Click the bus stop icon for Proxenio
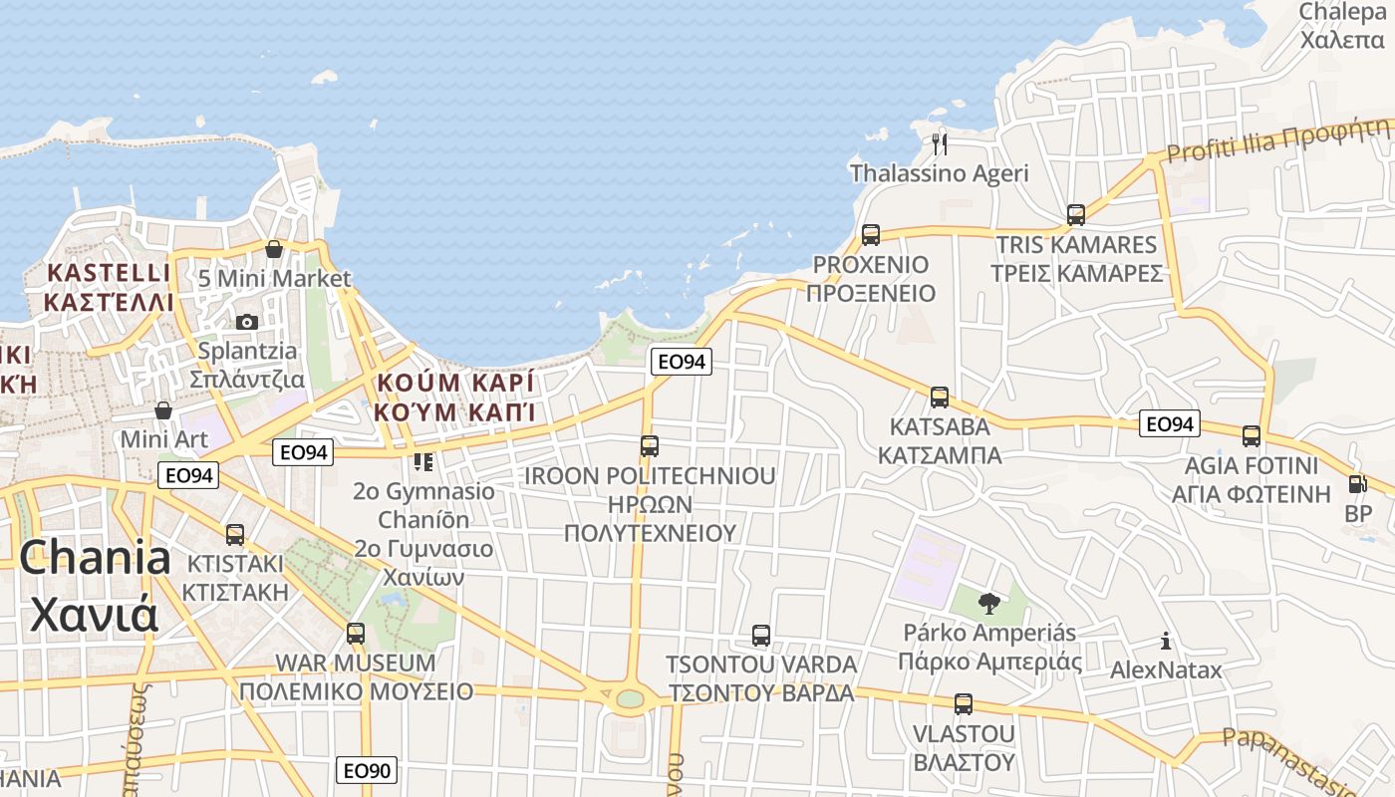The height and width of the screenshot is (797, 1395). tap(871, 235)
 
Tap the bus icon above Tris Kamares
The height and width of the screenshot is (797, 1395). tap(1076, 214)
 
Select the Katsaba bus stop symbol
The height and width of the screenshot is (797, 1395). tap(939, 398)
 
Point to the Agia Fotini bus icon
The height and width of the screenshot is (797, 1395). tap(1252, 435)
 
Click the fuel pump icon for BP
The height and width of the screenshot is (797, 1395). tap(1356, 484)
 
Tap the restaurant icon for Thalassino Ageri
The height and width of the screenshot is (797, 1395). tap(939, 143)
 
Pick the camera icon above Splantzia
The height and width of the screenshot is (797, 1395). tap(246, 322)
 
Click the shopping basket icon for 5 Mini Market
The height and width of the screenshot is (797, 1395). tap(274, 248)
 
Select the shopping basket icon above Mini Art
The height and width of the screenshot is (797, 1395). tap(163, 410)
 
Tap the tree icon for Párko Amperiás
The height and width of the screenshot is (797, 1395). tap(988, 603)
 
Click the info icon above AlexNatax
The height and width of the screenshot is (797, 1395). tap(1166, 642)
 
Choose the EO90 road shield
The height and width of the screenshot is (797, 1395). tap(367, 770)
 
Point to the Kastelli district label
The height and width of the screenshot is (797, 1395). tap(109, 287)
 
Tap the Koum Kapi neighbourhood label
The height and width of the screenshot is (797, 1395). tap(454, 397)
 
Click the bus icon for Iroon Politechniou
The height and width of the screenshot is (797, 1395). tap(650, 445)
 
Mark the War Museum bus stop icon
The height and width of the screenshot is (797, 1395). tap(356, 633)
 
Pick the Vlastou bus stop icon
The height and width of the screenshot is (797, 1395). tap(963, 704)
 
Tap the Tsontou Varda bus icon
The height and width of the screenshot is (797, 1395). tap(761, 635)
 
